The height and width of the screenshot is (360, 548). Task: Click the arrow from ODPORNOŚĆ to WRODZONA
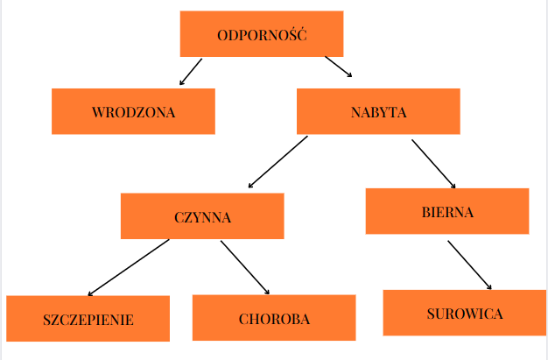(x=191, y=72)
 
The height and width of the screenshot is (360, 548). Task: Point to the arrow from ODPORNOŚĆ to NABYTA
(x=338, y=67)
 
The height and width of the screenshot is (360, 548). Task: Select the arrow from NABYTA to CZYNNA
(x=278, y=161)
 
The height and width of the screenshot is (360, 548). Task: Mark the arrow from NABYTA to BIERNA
(x=433, y=163)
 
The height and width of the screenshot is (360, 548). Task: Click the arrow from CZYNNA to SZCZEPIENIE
(x=129, y=267)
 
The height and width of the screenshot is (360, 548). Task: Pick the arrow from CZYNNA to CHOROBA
(x=244, y=266)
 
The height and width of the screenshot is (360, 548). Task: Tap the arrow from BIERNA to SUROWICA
(x=469, y=265)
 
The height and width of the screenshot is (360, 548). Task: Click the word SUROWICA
(x=464, y=314)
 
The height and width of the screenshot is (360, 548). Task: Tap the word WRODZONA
(x=133, y=112)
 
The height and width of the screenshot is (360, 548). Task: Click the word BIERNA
(x=446, y=212)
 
